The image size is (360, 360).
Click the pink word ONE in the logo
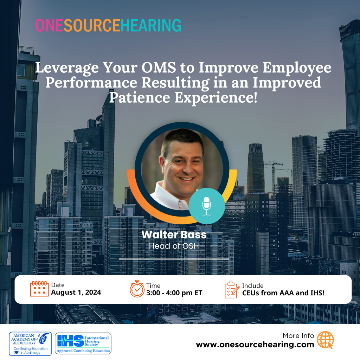coord(49,25)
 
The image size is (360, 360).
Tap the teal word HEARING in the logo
coord(151,25)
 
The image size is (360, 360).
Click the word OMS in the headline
coord(159,67)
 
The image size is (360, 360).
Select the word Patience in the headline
coord(140,97)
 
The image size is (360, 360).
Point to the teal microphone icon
coord(207,206)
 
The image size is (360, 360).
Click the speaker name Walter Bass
coord(174,234)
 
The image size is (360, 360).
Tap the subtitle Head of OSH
coord(174,246)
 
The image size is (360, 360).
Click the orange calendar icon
coord(39,289)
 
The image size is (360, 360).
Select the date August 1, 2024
coord(76,292)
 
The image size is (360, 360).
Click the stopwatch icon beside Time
coord(137,289)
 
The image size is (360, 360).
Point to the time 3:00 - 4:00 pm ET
coord(174,293)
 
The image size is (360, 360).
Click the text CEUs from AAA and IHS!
coord(283,293)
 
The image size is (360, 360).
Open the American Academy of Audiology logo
coord(30,344)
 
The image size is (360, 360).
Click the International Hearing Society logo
coord(83,343)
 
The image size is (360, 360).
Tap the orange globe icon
coord(325,340)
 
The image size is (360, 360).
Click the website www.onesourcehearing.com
coord(255,345)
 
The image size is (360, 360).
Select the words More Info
coord(298,336)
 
